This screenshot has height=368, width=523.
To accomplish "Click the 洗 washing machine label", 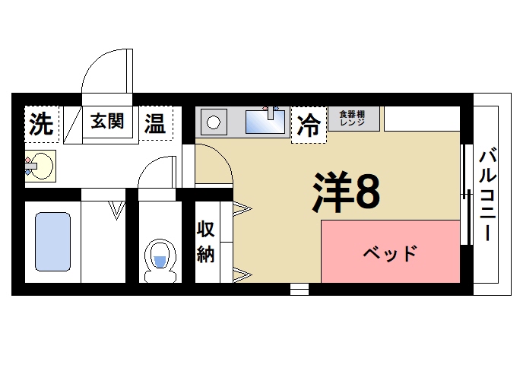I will (x=42, y=125).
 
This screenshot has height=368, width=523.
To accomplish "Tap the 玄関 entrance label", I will (x=107, y=121).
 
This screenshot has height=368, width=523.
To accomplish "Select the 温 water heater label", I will (x=155, y=123).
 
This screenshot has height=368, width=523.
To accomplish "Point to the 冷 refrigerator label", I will (x=309, y=125).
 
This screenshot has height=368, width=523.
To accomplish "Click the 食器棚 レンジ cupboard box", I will (x=353, y=119).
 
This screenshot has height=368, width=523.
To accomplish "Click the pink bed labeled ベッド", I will (x=390, y=252).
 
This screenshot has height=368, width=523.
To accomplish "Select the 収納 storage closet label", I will (x=206, y=242).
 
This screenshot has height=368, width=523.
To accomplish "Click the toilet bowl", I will (x=159, y=258).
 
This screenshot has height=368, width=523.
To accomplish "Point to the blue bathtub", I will (x=52, y=241).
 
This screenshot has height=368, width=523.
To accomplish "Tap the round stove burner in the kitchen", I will (x=214, y=122).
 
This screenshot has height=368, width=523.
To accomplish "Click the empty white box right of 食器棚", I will (x=422, y=119).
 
